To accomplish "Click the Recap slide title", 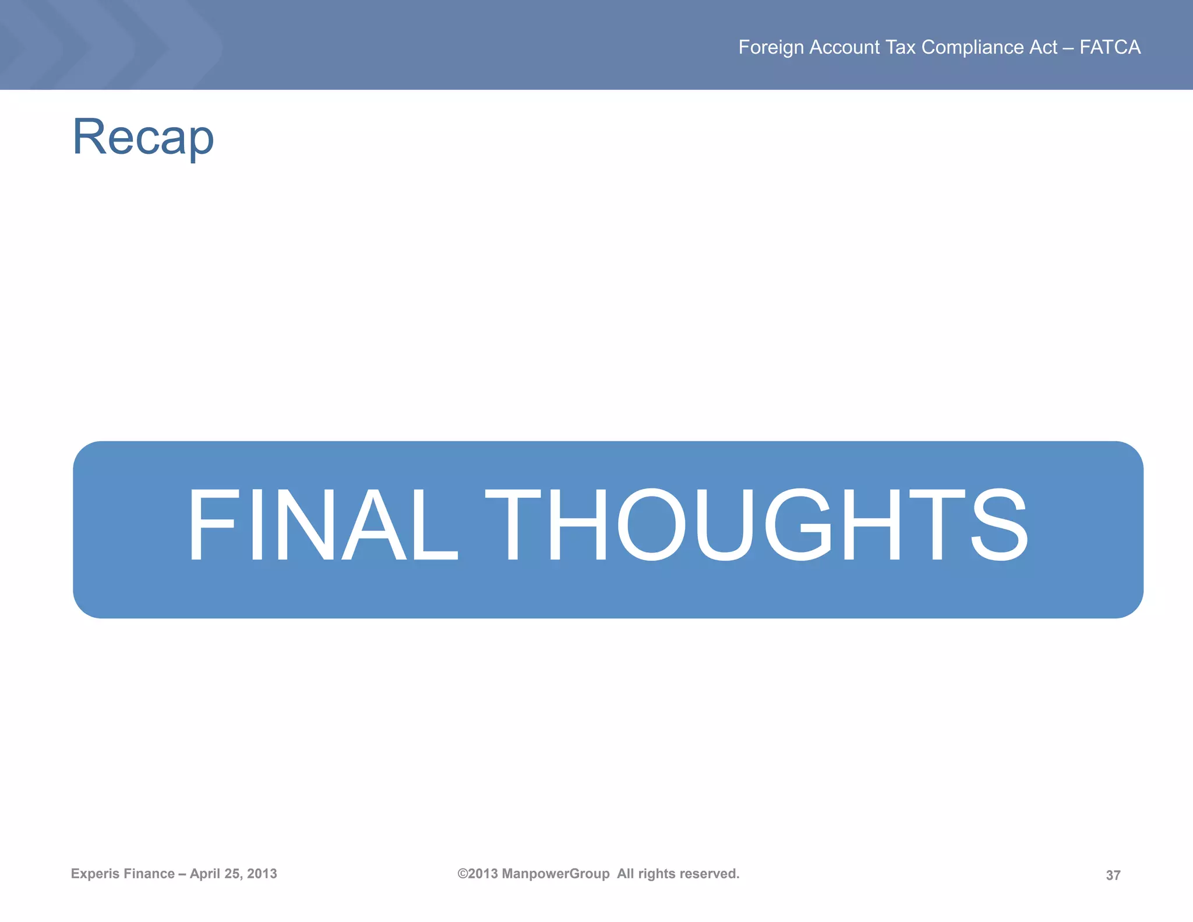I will [143, 137].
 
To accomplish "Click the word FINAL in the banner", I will [322, 525].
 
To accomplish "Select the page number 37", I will [1113, 875].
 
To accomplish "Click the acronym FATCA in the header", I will [1110, 47].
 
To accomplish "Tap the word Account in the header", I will [845, 47].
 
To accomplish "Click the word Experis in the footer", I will [94, 874].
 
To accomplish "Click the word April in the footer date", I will [204, 874].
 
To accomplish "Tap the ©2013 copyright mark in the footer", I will [478, 874].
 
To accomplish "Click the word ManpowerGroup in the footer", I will [556, 874].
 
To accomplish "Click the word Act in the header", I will [1043, 47].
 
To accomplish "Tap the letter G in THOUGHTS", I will [799, 525].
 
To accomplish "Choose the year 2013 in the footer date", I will [262, 874].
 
